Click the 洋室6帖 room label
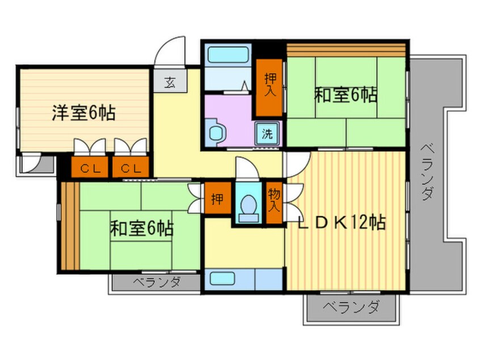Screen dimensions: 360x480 [84, 114]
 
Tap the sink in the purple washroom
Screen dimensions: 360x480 [217, 132]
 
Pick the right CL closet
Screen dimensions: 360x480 [130, 168]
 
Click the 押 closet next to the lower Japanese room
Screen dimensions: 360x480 [217, 199]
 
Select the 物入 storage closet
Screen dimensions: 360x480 [274, 200]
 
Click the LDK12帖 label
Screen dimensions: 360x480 [342, 222]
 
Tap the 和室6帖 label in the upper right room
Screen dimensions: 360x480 [346, 95]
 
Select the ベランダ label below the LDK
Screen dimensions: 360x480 [351, 308]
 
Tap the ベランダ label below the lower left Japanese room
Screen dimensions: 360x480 [157, 282]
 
